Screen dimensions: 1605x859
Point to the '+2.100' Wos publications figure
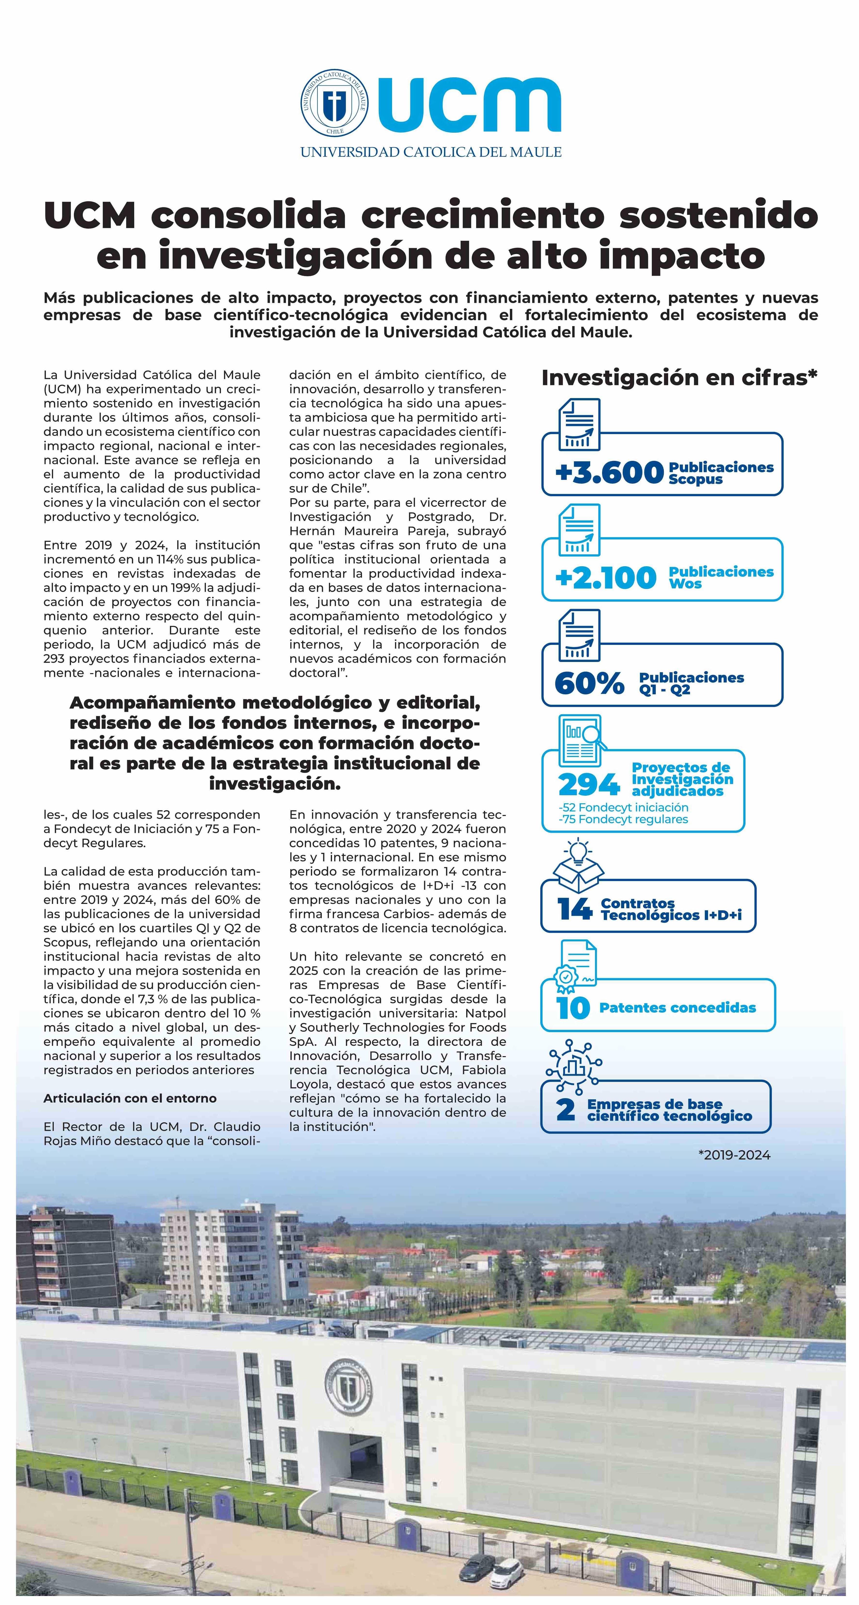pyautogui.click(x=605, y=578)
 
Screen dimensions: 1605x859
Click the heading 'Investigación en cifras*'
pyautogui.click(x=679, y=378)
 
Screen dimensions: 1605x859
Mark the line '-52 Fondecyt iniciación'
pyautogui.click(x=623, y=807)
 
